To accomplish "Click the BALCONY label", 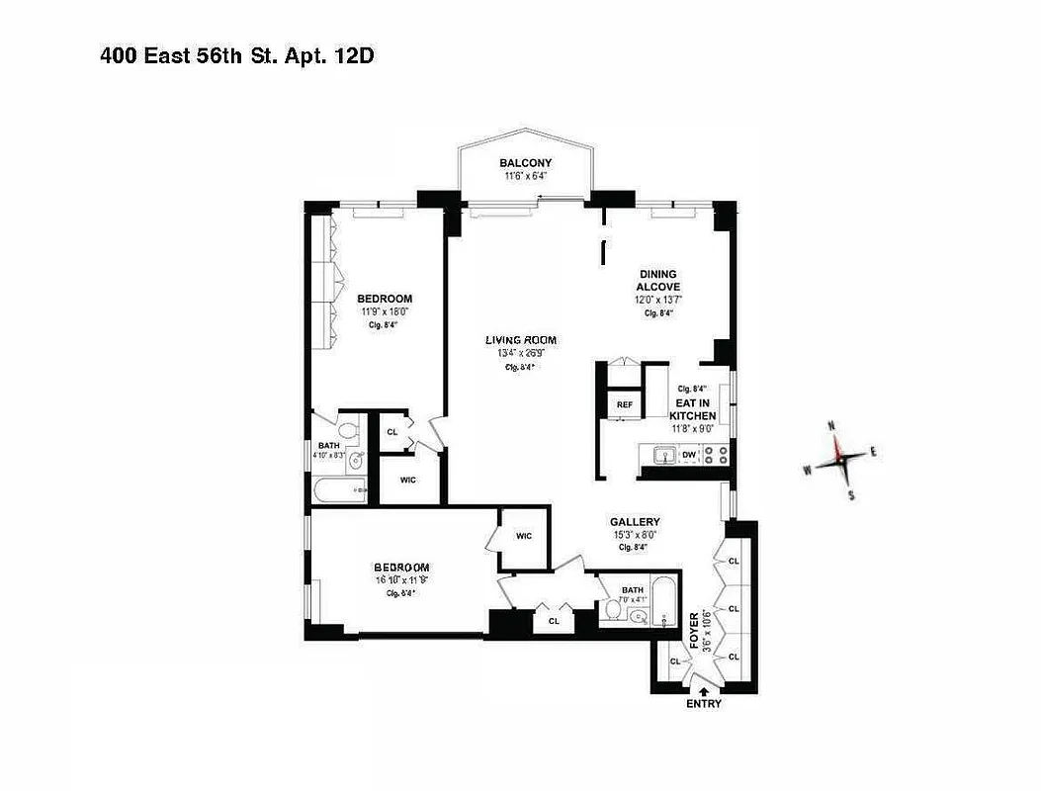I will click(525, 163).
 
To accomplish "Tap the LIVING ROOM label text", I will click(520, 340).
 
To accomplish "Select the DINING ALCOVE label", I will click(657, 280).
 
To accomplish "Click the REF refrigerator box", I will click(624, 404).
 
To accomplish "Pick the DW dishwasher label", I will click(688, 455).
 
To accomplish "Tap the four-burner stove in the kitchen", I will click(717, 455).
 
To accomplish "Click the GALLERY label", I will click(634, 522).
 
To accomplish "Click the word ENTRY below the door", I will click(703, 704).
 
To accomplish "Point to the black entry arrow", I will click(703, 691).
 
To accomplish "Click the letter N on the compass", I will click(832, 426).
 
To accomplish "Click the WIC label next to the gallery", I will click(524, 536).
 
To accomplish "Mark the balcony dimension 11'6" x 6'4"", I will click(525, 177).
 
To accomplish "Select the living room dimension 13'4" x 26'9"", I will click(520, 353).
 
